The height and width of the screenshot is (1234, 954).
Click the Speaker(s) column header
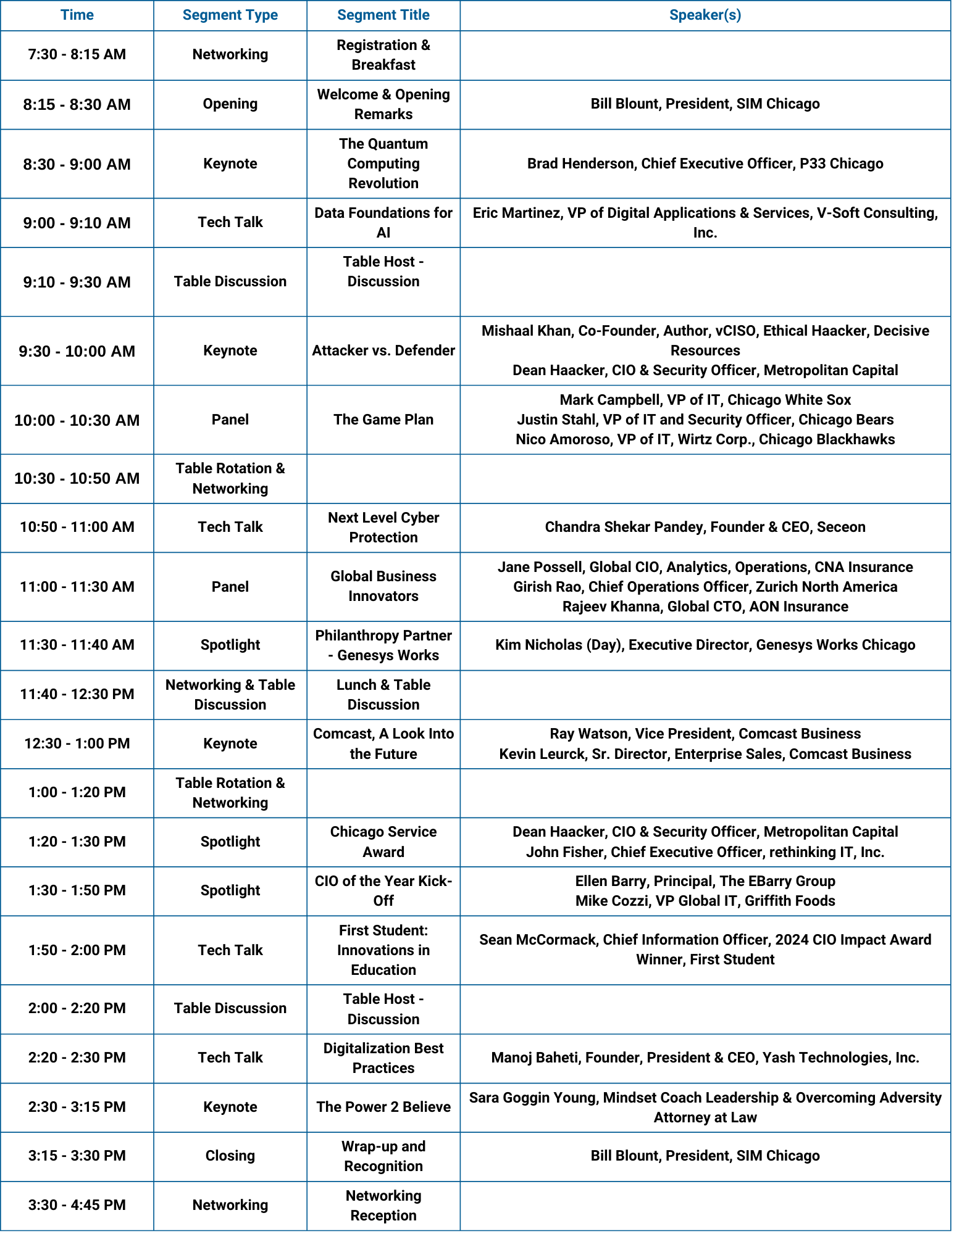705,15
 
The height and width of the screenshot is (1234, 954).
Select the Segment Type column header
230,15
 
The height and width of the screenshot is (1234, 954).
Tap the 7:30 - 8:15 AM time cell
77,55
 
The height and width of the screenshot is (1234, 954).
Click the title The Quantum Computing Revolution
383,164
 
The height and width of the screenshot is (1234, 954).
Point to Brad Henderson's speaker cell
705,164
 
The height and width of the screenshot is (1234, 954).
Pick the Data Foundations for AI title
383,223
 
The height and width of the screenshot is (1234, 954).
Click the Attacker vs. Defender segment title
383,350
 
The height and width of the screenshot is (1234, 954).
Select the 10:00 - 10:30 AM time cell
77,420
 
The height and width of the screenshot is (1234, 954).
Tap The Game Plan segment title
383,420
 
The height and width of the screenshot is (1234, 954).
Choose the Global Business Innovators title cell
383,586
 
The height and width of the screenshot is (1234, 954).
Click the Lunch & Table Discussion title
383,695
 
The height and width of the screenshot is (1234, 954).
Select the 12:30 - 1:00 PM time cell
77,743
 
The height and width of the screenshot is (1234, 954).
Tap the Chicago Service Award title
383,842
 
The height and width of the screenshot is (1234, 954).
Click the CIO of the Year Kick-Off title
383,891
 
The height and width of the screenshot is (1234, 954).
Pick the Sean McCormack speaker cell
705,950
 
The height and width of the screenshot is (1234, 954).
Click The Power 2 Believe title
383,1107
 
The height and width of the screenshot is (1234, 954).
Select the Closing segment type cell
230,1156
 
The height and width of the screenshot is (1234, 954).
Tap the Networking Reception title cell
383,1206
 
